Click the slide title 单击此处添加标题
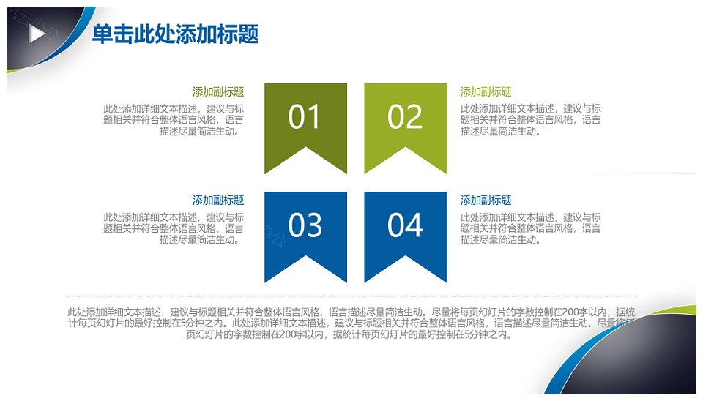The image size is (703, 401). [175, 34]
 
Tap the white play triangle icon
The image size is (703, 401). [37, 34]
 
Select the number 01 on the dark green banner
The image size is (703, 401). [304, 117]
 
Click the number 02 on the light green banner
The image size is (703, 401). [405, 117]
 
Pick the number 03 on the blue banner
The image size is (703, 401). [305, 225]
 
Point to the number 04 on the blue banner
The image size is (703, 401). [405, 225]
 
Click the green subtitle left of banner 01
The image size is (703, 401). [218, 92]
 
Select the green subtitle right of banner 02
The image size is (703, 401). [486, 92]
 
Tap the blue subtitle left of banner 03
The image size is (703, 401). [218, 200]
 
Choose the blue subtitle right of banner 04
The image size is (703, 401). [486, 200]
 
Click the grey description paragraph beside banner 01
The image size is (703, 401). [174, 120]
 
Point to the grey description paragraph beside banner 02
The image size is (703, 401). [530, 120]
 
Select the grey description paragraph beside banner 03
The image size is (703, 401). [174, 228]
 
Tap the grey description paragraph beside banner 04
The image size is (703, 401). [530, 228]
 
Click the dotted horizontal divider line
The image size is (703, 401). [351, 296]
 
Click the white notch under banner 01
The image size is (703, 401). [306, 162]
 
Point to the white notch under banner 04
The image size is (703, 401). [405, 271]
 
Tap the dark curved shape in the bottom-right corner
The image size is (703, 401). [636, 359]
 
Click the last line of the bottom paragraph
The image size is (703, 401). [349, 334]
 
